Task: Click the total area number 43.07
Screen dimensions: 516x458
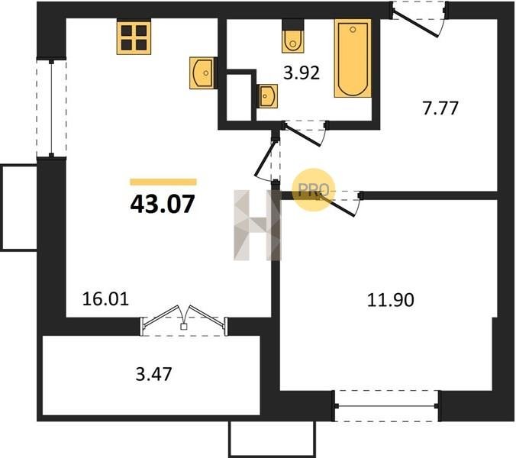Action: pyautogui.click(x=163, y=205)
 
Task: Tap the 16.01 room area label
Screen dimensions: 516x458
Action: pyautogui.click(x=105, y=299)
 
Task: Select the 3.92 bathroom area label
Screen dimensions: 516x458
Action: pyautogui.click(x=302, y=73)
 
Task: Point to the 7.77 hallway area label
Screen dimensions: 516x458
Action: pyautogui.click(x=440, y=108)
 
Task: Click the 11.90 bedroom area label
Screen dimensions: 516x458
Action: pyautogui.click(x=390, y=300)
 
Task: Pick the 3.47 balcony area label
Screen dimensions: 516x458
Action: pyautogui.click(x=153, y=374)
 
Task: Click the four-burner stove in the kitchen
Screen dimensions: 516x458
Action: pyautogui.click(x=134, y=37)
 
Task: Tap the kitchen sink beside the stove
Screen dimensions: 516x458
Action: pyautogui.click(x=202, y=73)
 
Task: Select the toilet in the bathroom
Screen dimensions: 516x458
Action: pyautogui.click(x=293, y=36)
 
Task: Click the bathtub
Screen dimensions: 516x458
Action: pyautogui.click(x=353, y=58)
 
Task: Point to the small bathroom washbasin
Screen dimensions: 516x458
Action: pyautogui.click(x=267, y=96)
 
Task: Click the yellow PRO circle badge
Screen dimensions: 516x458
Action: pyautogui.click(x=313, y=189)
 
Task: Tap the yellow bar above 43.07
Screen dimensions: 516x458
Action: pyautogui.click(x=163, y=182)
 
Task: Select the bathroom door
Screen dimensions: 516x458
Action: pyautogui.click(x=305, y=133)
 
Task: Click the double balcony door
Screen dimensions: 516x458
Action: pyautogui.click(x=184, y=321)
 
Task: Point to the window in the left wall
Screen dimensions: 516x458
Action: pyautogui.click(x=51, y=108)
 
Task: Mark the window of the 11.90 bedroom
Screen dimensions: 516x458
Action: pyautogui.click(x=387, y=406)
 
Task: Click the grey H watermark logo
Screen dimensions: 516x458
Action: pyautogui.click(x=258, y=225)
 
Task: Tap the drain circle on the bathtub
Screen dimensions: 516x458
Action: pyautogui.click(x=353, y=30)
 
